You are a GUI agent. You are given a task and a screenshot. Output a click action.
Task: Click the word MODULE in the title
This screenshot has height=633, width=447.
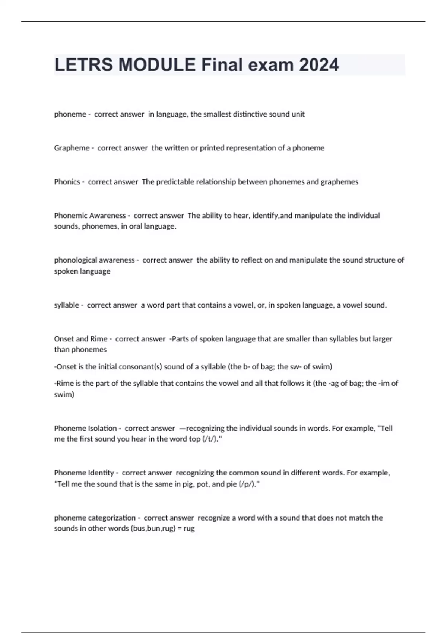coord(157,65)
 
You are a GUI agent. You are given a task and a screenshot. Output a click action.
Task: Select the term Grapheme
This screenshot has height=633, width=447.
coord(72,148)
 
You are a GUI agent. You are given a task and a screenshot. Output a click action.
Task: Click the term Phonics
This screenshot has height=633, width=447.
coord(67,182)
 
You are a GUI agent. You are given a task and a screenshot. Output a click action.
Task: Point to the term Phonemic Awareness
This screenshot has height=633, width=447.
coord(90,216)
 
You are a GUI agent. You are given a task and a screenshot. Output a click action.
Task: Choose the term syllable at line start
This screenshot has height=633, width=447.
coord(66,305)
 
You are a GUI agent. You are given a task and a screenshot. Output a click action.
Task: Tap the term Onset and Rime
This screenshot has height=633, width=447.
coord(80,339)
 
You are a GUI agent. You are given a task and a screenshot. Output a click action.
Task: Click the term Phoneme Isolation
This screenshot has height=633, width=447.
coord(85,429)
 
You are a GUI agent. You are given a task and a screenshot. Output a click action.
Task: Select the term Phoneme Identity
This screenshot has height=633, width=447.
coord(84,473)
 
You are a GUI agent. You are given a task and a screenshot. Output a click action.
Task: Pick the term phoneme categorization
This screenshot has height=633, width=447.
coord(95,518)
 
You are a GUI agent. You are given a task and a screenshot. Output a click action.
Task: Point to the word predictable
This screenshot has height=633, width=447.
coord(175,182)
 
